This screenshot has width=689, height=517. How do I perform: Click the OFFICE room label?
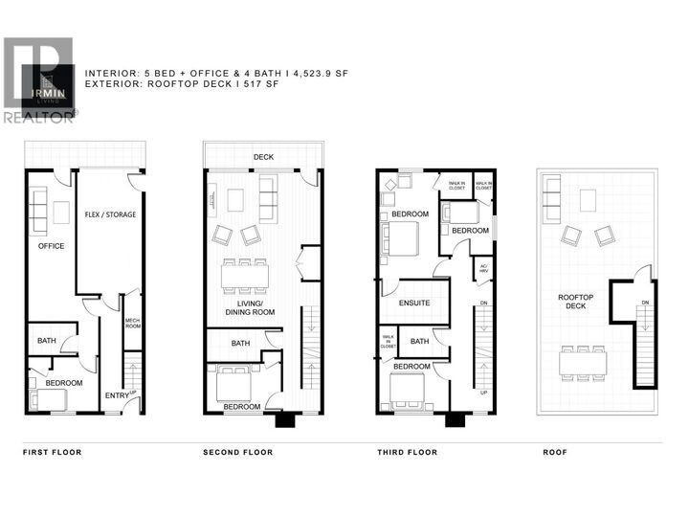coord(51,246)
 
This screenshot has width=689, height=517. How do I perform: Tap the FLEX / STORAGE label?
coord(110,214)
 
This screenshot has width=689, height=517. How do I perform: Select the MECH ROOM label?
coord(133,325)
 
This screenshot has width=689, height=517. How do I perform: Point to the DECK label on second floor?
coord(263,157)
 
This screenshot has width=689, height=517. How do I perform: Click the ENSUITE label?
coord(414,303)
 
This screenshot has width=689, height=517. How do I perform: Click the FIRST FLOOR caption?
coord(53,452)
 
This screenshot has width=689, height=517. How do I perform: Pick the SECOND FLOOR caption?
coord(237,452)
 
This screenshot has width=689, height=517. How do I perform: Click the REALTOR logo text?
coord(38,118)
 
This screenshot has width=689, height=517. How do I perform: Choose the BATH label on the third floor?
coord(419,341)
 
